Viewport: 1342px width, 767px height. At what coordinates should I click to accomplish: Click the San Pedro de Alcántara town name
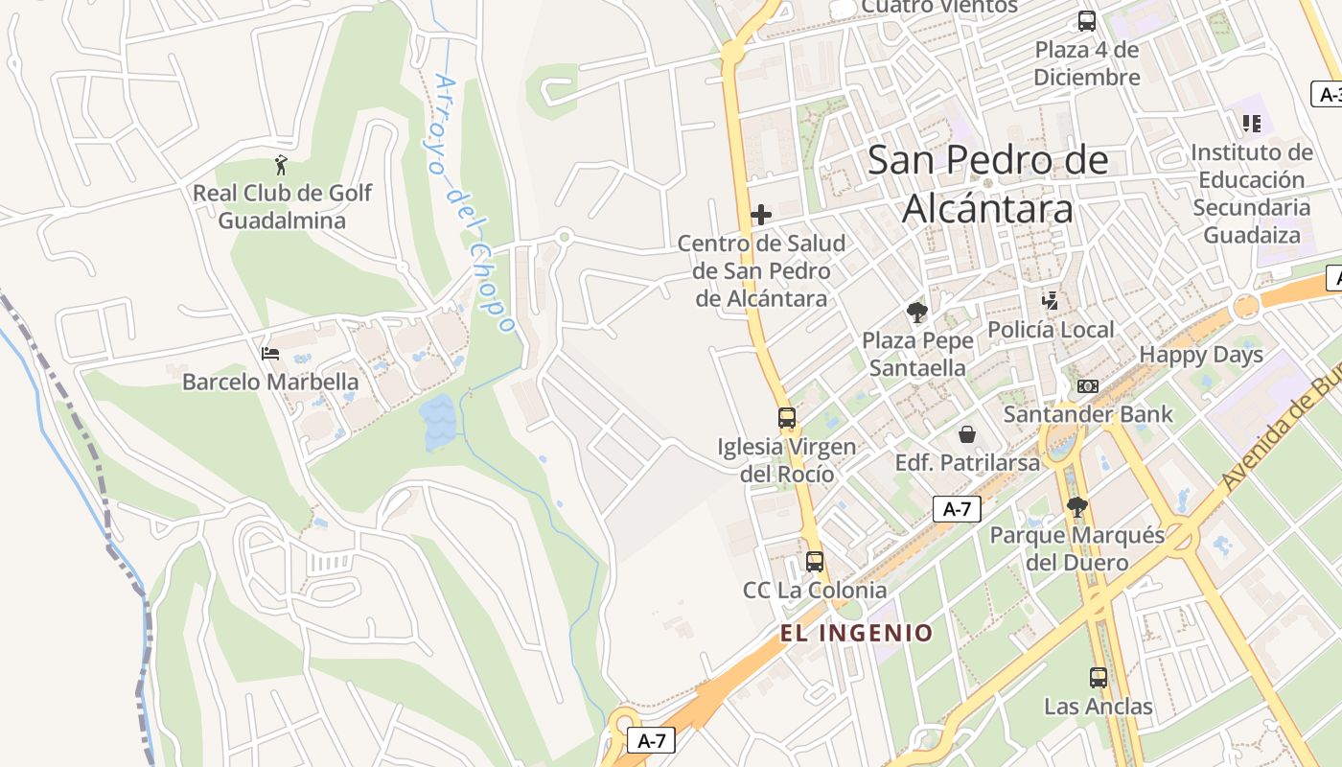point(987,184)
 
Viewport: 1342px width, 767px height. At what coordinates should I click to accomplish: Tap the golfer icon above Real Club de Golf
point(281,165)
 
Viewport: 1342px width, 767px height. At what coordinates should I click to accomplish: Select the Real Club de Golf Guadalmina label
point(282,207)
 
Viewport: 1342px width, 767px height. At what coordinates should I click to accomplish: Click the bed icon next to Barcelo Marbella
point(270,354)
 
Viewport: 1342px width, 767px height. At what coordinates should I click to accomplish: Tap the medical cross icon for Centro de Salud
point(761,215)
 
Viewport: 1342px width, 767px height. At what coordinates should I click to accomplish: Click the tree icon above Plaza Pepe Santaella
point(917,312)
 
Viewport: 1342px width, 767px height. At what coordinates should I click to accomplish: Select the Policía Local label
point(1051,331)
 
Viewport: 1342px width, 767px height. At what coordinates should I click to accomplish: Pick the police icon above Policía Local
point(1051,301)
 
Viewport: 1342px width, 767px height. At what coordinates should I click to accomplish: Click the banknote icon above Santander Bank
point(1087,386)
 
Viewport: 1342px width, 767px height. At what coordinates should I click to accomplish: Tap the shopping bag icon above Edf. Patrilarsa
point(967,434)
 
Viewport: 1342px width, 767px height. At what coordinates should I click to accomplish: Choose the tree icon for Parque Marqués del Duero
point(1077,506)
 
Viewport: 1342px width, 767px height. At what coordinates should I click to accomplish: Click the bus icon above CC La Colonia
point(815,562)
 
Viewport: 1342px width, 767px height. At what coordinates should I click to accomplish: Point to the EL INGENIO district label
point(856,633)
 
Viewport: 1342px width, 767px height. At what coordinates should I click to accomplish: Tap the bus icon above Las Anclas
point(1099,678)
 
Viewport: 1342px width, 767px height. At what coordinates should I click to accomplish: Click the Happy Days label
point(1201,355)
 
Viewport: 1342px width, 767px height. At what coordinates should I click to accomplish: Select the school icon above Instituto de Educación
point(1251,124)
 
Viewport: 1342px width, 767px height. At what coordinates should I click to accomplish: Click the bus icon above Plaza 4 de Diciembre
point(1087,21)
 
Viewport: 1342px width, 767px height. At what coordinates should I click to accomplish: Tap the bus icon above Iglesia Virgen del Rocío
point(787,418)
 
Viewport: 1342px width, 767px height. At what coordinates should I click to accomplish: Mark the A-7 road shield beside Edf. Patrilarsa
point(957,509)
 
